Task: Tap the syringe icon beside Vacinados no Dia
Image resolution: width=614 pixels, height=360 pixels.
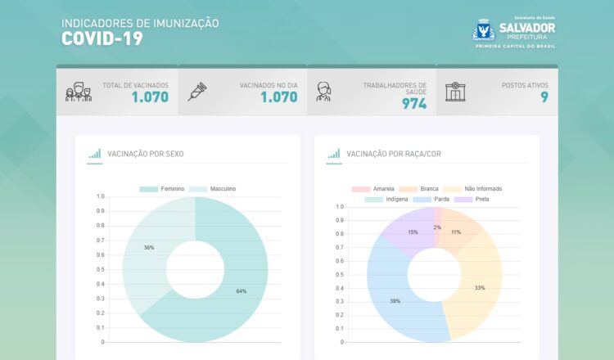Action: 196,91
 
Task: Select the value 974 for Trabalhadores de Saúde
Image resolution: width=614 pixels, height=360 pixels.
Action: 413,104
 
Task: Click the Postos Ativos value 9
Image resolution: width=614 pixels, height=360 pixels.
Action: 544,97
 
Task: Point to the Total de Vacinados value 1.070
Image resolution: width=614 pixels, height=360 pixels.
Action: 150,97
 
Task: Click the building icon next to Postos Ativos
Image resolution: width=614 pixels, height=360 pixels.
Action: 454,91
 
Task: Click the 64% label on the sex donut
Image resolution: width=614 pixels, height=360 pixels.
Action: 241,291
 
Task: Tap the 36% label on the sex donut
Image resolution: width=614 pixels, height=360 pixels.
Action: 149,247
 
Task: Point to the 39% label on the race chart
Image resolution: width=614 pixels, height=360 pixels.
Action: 395,301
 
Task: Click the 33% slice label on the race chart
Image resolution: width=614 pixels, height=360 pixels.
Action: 480,288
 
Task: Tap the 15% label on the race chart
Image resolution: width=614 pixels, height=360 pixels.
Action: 413,232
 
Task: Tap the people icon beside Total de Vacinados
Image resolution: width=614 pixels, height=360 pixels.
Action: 78,91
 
